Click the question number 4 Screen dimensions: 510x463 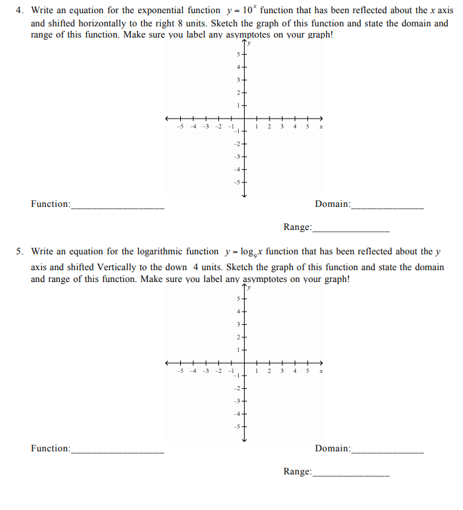click(20, 11)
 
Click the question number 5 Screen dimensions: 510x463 click(20, 252)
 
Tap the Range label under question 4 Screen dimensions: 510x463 click(297, 227)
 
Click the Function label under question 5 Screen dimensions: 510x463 click(50, 449)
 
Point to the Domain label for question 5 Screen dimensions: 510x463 click(333, 449)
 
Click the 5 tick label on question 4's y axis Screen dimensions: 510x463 click(238, 54)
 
